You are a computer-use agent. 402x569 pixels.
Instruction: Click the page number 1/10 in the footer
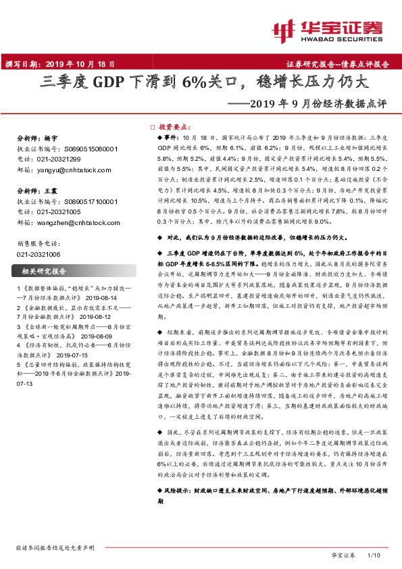click(x=374, y=554)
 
